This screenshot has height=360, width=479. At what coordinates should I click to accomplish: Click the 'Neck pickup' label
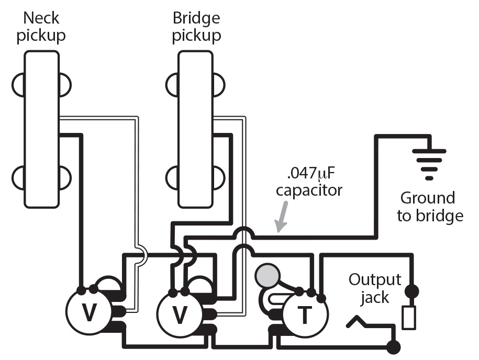click(41, 27)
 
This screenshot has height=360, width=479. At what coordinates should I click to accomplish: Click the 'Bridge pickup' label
click(196, 27)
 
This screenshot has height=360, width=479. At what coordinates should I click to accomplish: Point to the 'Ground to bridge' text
click(429, 207)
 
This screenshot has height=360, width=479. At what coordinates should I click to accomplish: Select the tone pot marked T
click(304, 314)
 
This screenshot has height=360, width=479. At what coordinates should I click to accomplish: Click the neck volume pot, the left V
click(90, 313)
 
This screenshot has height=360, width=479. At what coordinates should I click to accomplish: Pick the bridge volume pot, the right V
click(180, 314)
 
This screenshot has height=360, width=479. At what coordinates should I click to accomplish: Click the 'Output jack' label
click(375, 288)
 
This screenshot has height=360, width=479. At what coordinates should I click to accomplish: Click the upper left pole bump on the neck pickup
click(17, 84)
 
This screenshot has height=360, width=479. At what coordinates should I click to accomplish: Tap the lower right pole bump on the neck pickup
click(65, 178)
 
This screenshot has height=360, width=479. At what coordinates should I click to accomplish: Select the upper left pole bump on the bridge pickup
click(173, 84)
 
